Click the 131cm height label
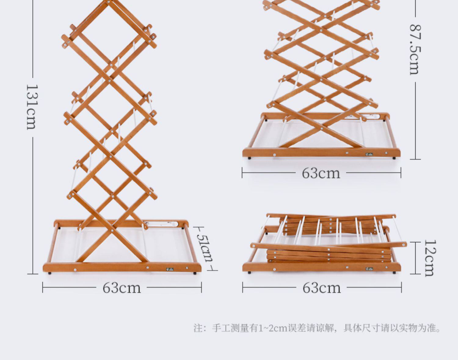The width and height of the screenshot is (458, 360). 32,107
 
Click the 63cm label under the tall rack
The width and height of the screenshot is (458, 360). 122,288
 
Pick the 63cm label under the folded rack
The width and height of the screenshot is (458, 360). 322,288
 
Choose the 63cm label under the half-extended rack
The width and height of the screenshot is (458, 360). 321,173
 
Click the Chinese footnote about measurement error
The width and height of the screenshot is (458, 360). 317,328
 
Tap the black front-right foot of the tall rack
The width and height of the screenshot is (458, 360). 194,274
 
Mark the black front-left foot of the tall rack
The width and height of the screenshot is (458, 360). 50,274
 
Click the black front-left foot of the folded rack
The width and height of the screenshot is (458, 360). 249,272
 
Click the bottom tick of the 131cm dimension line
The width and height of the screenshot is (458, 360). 33,274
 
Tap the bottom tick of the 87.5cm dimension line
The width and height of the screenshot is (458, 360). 415,159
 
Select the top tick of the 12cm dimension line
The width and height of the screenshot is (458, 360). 415,242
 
